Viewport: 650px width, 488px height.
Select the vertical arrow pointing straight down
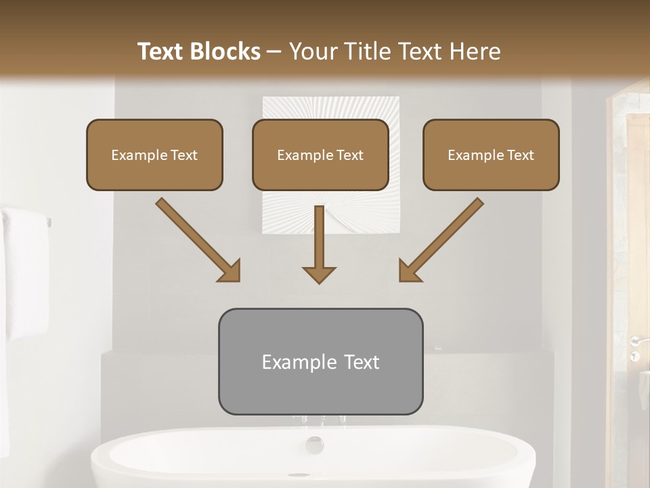pyautogui.click(x=319, y=245)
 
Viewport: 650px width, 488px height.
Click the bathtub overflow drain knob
pyautogui.click(x=314, y=445)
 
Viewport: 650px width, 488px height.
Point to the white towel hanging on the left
pyautogui.click(x=26, y=271)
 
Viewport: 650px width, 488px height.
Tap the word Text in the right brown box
pyautogui.click(x=521, y=155)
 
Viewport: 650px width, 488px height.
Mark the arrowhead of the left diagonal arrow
pyautogui.click(x=230, y=271)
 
